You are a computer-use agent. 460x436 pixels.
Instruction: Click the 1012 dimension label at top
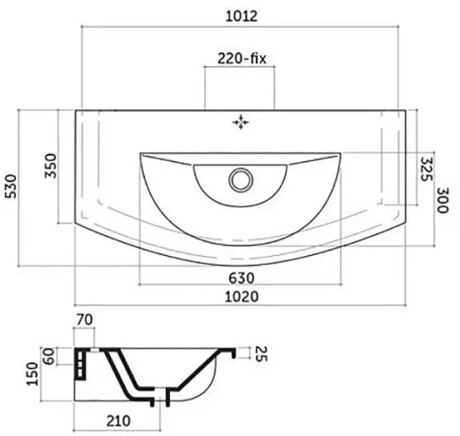point(241,16)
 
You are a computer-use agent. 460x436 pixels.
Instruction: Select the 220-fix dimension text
point(242,59)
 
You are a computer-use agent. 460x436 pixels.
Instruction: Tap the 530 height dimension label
point(12,187)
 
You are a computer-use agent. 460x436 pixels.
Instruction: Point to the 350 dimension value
point(50,165)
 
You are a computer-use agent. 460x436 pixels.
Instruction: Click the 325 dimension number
point(427,169)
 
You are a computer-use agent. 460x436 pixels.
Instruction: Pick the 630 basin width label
point(241,277)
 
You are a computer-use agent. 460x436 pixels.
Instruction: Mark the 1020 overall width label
point(241,296)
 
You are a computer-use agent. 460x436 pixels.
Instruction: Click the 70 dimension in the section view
point(84,320)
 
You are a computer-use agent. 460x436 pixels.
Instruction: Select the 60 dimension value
point(49,356)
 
